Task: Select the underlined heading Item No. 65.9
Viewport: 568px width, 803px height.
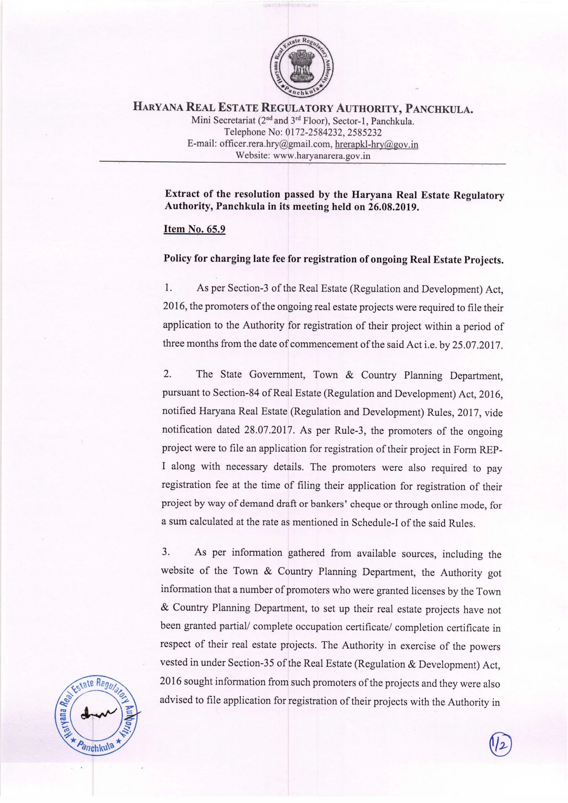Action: coord(194,229)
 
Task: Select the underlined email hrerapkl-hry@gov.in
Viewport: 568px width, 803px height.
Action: coord(377,144)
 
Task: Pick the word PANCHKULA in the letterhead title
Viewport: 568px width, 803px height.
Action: coord(439,109)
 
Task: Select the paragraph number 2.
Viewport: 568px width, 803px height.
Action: coord(167,374)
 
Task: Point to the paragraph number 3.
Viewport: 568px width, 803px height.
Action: coord(166,552)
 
